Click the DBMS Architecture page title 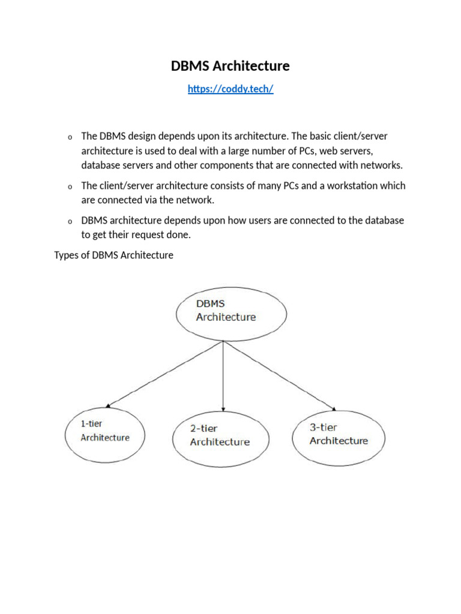pyautogui.click(x=230, y=66)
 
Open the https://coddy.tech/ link pyautogui.click(x=230, y=89)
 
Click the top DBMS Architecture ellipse pyautogui.click(x=231, y=311)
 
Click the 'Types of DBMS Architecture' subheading pyautogui.click(x=114, y=255)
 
